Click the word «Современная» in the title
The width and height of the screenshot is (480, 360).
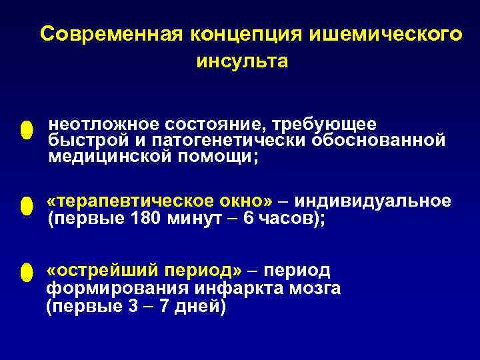[x=111, y=34]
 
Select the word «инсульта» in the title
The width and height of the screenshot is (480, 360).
[x=243, y=61]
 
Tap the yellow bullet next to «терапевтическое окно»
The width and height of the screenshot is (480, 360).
[x=26, y=206]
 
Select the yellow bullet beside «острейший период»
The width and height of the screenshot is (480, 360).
[x=26, y=273]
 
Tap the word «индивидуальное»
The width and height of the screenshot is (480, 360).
[x=373, y=201]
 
